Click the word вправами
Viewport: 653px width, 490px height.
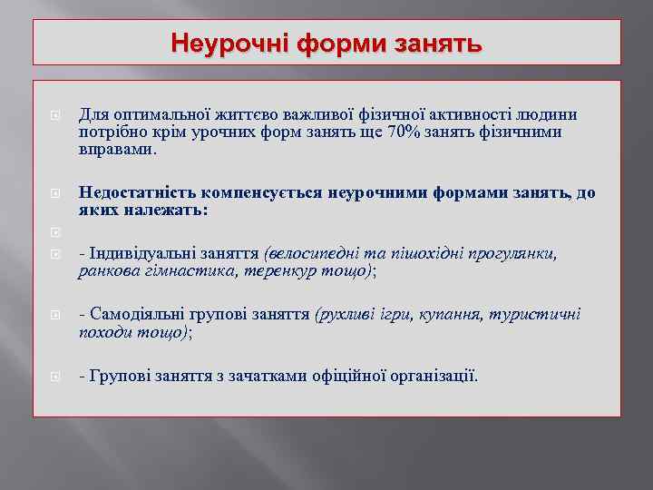pyautogui.click(x=118, y=150)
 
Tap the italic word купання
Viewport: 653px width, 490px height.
pyautogui.click(x=451, y=315)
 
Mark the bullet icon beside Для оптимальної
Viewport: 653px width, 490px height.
pyautogui.click(x=53, y=116)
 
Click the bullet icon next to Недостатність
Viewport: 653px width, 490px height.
pyautogui.click(x=53, y=193)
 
